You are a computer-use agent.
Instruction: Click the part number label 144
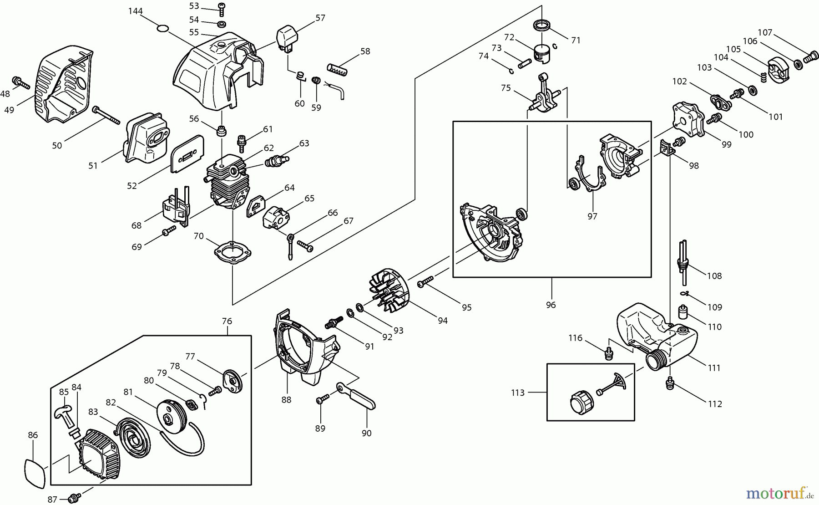[136, 11]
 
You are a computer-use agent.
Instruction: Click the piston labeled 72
[542, 53]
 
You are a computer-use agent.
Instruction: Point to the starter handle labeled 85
[64, 412]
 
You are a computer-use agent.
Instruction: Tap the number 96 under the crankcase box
[551, 305]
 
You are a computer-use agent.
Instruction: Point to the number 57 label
[320, 18]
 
